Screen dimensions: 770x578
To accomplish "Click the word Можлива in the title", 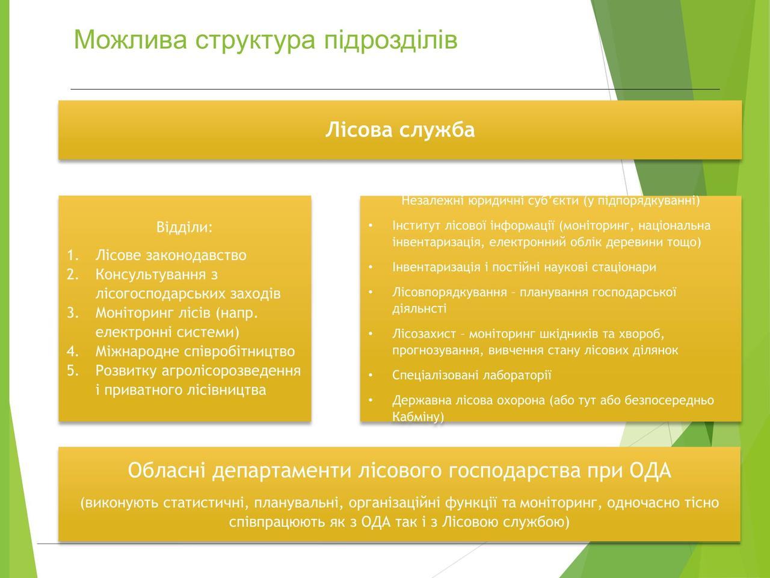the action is click(x=131, y=39).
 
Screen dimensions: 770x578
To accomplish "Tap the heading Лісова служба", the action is click(x=400, y=130).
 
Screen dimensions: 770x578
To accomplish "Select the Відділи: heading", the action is click(x=185, y=227).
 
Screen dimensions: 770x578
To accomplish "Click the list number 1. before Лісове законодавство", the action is click(x=73, y=255).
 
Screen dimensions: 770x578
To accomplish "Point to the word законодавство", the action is click(x=196, y=255).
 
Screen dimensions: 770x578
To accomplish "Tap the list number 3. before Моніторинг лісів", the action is click(x=73, y=312).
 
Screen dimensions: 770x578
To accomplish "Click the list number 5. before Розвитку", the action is click(x=73, y=371).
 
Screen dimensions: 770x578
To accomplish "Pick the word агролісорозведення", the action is click(x=231, y=371).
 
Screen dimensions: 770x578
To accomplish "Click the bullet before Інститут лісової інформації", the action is click(x=371, y=225).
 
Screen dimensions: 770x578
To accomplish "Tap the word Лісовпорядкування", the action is click(x=450, y=293).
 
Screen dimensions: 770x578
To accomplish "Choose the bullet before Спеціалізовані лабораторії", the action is click(x=371, y=375).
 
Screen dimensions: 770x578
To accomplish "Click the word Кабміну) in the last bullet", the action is click(x=418, y=417).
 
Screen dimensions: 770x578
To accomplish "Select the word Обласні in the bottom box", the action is click(x=167, y=470).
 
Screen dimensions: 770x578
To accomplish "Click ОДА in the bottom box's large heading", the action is click(x=650, y=471).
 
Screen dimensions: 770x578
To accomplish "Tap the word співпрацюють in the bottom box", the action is click(x=279, y=522).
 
